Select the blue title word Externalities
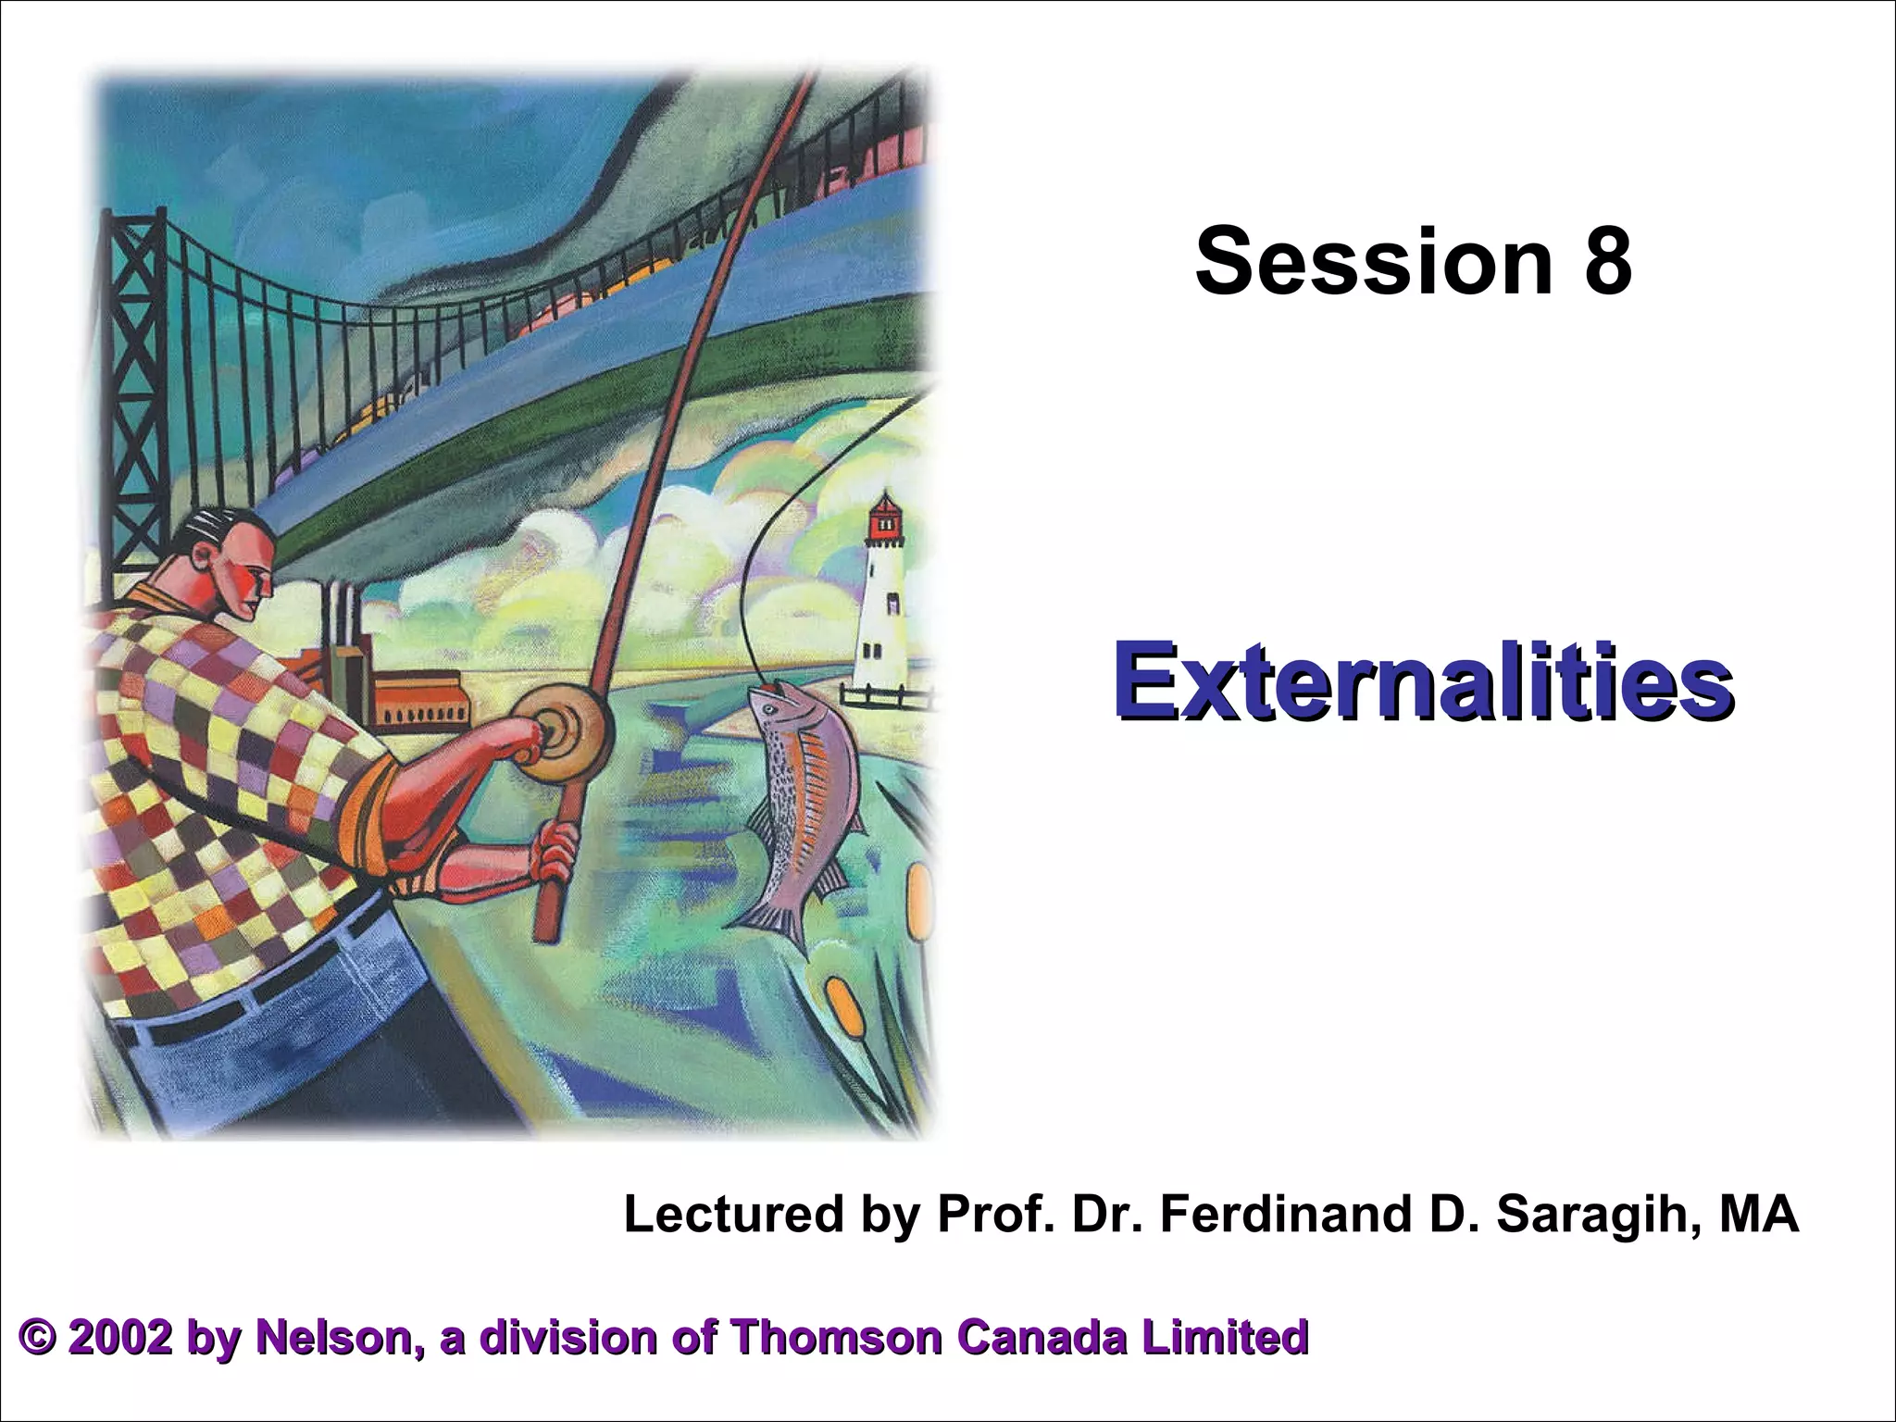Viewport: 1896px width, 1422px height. pos(1423,683)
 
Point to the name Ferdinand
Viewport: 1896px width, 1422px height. pos(1288,1214)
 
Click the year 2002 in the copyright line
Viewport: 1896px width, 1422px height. pos(119,1338)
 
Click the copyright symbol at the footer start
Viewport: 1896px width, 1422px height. pos(38,1339)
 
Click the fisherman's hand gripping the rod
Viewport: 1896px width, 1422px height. pos(555,852)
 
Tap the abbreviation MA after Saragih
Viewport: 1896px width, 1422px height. pos(1758,1214)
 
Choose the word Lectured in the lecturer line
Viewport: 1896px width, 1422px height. pos(733,1214)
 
